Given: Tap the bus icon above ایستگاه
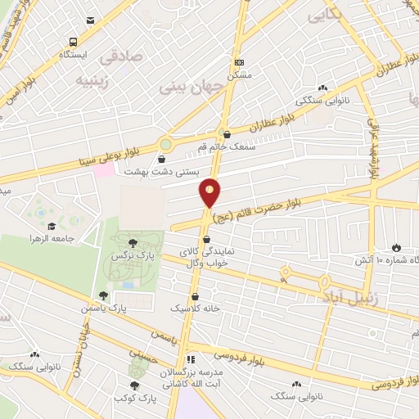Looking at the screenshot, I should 74,42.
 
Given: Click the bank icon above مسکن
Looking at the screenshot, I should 239,62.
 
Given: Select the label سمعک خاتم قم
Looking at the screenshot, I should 227,146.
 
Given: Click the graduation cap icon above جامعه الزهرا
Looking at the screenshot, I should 52,227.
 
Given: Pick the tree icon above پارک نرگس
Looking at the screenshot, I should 133,242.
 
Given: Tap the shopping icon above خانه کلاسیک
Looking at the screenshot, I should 195,297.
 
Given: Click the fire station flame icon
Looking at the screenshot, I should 396,247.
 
